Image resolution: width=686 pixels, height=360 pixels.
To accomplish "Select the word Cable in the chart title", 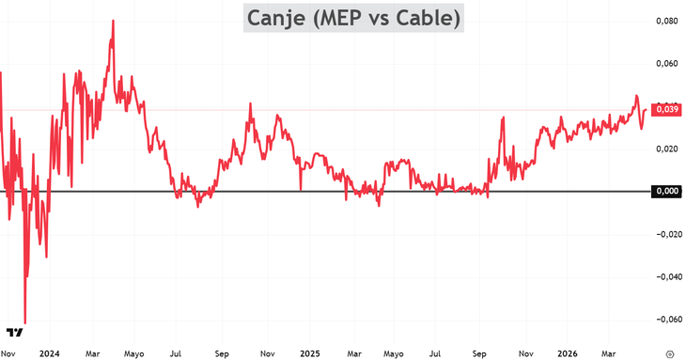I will (429, 18).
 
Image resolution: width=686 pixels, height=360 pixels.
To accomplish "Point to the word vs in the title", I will (389, 18).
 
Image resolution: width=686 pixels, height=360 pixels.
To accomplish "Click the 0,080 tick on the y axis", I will (666, 21).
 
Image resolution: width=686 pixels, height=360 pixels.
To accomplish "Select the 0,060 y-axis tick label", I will (666, 64).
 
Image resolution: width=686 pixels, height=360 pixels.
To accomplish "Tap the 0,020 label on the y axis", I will (666, 149).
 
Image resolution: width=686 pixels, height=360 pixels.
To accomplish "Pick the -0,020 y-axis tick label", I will (665, 234).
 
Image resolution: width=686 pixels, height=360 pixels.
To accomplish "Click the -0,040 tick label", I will (665, 276).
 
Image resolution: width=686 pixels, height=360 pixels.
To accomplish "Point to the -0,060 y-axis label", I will (665, 320).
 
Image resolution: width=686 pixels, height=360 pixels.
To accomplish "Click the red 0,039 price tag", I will (666, 110).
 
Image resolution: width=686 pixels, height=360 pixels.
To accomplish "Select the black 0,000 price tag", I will (666, 192).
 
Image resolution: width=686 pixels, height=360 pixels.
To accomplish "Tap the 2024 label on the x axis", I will (49, 353).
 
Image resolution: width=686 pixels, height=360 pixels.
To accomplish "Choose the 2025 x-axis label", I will (310, 353).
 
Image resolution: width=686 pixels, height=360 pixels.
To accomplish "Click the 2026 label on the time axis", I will (567, 353).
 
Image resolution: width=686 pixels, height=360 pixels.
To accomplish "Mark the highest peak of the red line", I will (113, 21).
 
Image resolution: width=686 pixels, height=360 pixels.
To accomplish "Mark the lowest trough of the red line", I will (24, 322).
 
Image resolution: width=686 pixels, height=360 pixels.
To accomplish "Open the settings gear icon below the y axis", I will (668, 353).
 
